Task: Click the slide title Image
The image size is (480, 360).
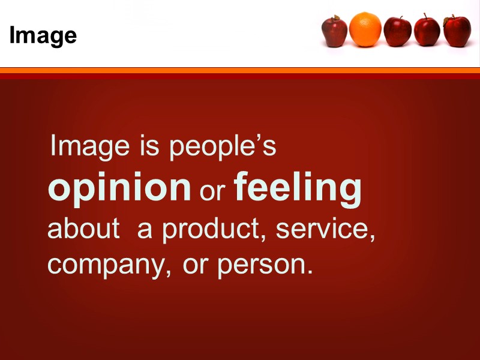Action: [x=43, y=36]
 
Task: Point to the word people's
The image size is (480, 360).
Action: [x=223, y=148]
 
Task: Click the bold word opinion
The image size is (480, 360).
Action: [x=119, y=188]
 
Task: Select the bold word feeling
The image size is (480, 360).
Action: [x=298, y=188]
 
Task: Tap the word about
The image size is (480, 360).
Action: [x=83, y=230]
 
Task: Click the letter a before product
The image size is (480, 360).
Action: [x=145, y=231]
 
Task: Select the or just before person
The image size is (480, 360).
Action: [x=195, y=265]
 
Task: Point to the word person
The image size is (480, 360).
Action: [x=265, y=265]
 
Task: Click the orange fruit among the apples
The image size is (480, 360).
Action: [x=365, y=29]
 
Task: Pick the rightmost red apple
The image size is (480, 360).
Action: [x=457, y=31]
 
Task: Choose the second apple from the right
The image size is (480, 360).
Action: [x=427, y=31]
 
